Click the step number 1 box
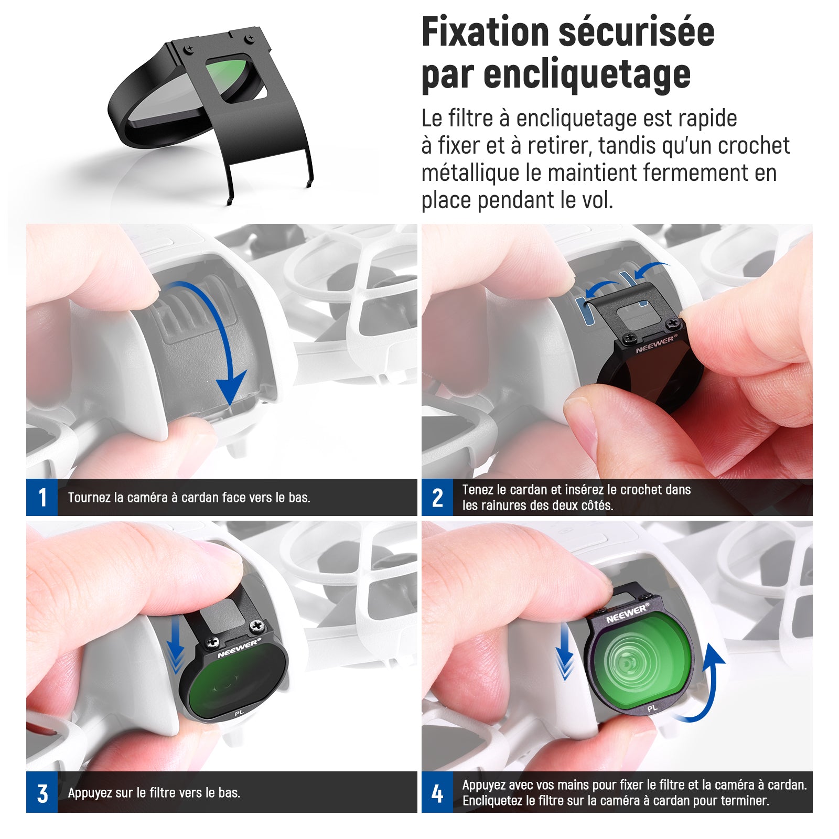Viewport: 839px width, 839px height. [42, 497]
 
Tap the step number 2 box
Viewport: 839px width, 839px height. [437, 497]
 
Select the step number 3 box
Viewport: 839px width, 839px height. [42, 792]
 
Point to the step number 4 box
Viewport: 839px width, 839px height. [437, 792]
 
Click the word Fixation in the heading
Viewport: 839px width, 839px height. [485, 33]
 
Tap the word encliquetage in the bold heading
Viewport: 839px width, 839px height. [587, 75]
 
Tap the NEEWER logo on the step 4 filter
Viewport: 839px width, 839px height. [627, 614]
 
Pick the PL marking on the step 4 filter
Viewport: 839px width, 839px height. [652, 708]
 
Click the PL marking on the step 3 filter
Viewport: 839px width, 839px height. [239, 713]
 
